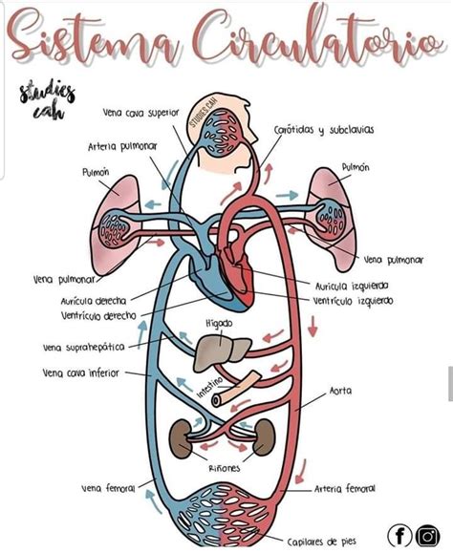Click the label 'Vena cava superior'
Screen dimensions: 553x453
[140, 112]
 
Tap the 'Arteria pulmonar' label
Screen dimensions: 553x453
[116, 146]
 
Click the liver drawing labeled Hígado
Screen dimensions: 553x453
[222, 354]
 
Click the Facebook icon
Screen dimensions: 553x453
[400, 536]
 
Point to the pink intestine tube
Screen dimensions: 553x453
[235, 386]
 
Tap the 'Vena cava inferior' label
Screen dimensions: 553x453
[80, 372]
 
